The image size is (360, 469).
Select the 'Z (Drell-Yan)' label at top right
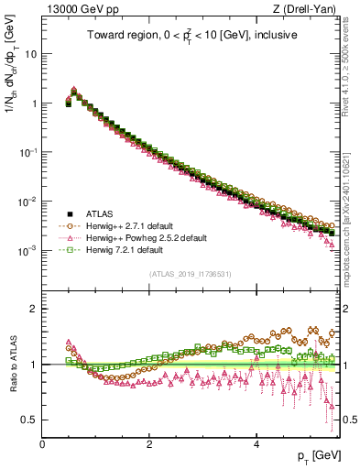310,8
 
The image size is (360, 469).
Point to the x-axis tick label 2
149,445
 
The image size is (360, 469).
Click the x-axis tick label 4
256,445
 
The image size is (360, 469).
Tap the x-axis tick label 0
43,445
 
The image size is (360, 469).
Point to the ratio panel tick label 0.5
32,420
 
